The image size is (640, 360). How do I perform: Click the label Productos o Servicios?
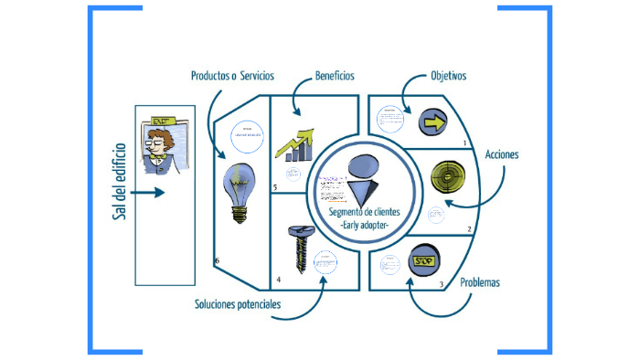coord(233,76)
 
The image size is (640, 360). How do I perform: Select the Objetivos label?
coord(448,76)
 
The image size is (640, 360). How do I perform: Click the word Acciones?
coord(502,154)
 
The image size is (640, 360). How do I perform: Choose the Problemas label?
coord(480,282)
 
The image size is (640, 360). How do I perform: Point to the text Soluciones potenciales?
coord(237,303)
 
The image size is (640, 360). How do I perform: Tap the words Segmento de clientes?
coord(364,213)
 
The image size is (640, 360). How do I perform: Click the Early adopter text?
coord(364,225)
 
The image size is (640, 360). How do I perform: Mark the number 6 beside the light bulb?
coord(217,261)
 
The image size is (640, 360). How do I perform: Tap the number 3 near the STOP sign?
coord(442,284)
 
